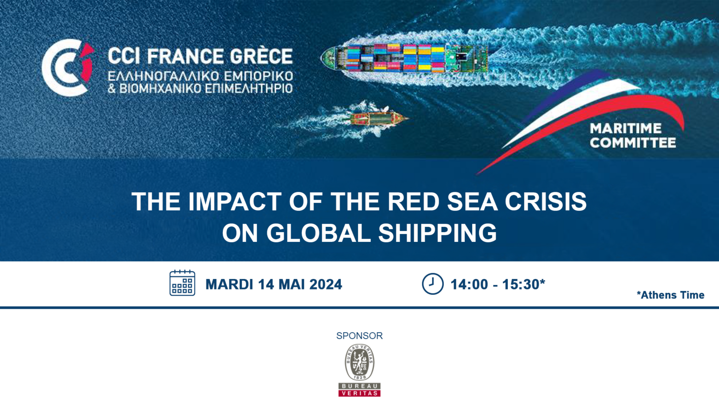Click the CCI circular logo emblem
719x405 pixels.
coord(67,67)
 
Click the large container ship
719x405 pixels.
coord(404,58)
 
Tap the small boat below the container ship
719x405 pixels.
coord(379,119)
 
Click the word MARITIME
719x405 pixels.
coord(625,128)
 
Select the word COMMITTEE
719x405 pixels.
coord(633,142)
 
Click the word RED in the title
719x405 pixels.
coord(413,202)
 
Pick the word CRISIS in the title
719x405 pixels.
coord(546,202)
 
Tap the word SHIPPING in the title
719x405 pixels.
coord(438,233)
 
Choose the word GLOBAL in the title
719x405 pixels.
coord(318,233)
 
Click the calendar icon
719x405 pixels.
coord(182,283)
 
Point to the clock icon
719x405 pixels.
coord(433,284)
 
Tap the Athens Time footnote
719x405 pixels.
coord(670,295)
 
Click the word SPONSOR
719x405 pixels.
coord(359,336)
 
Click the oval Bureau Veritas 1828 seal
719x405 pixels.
coord(359,362)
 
